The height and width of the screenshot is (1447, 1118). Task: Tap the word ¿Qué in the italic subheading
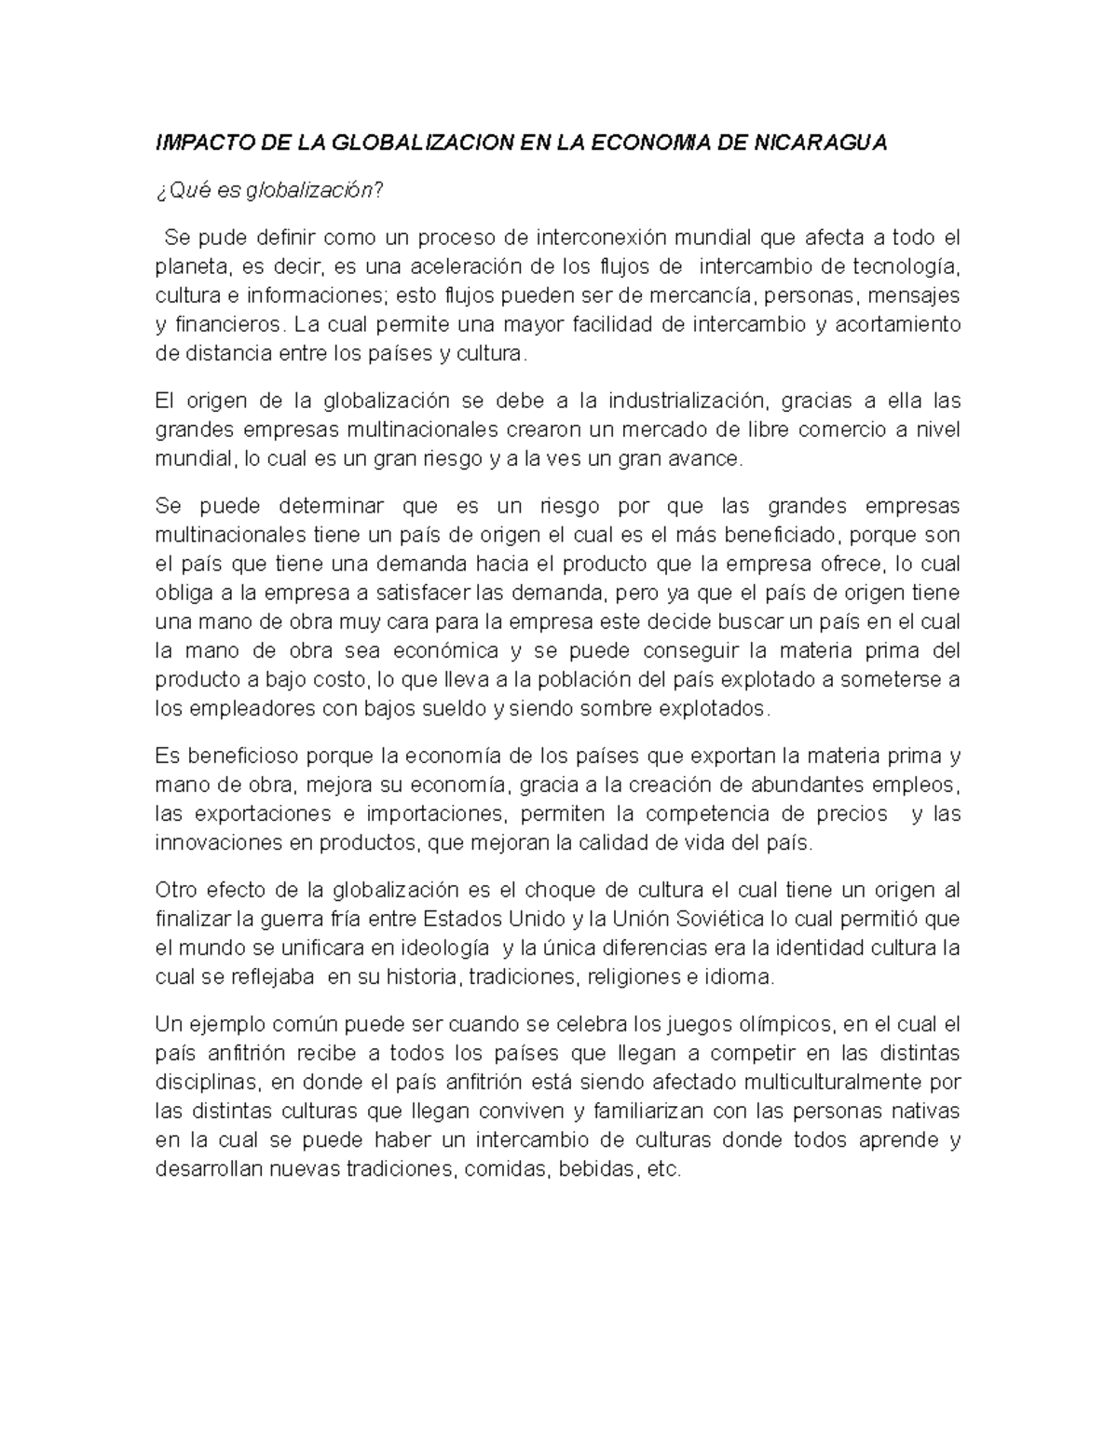click(178, 191)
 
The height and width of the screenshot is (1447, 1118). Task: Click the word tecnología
click(900, 266)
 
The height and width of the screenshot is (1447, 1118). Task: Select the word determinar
click(331, 506)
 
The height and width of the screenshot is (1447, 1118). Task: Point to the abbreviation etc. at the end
click(664, 1169)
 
